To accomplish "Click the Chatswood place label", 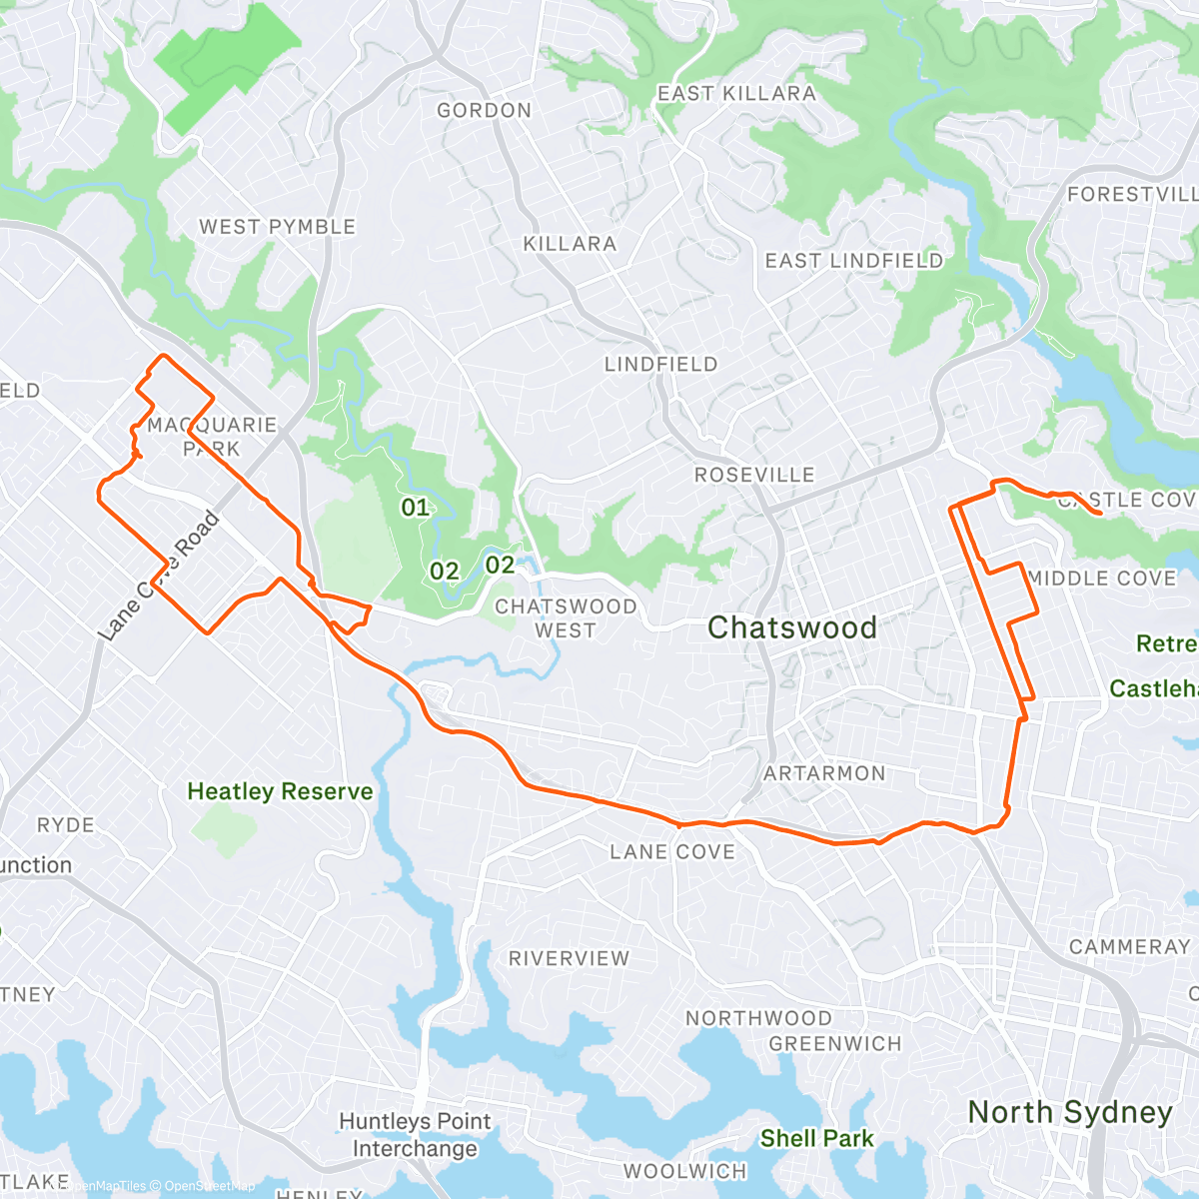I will click(x=791, y=627).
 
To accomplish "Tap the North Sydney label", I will click(x=1070, y=1112).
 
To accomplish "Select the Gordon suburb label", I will click(x=484, y=111).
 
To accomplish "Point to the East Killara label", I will click(x=736, y=94).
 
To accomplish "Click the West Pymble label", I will click(x=277, y=227).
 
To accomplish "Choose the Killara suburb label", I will click(x=570, y=244).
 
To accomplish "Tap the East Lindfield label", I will click(x=853, y=261).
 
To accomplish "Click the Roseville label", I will click(x=754, y=475).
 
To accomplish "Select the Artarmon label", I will click(x=824, y=773).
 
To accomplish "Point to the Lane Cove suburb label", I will click(x=672, y=852).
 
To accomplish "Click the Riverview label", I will click(x=569, y=958).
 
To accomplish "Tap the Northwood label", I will click(x=758, y=1018).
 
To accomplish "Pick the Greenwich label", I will click(x=834, y=1044).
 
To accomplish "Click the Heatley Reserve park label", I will click(x=280, y=791).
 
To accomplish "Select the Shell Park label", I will click(x=816, y=1138).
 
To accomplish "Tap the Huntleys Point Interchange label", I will click(x=415, y=1135).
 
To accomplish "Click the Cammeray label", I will click(x=1129, y=946).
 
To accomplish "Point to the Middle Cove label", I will click(x=1102, y=579).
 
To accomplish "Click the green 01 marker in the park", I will click(x=415, y=508).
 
